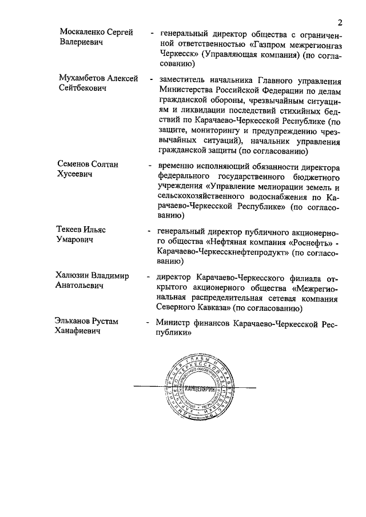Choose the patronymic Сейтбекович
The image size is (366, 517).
(x=83, y=89)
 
